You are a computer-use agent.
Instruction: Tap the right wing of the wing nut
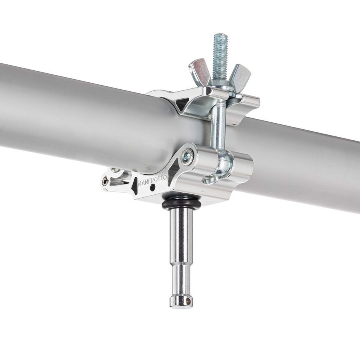pyautogui.click(x=240, y=74)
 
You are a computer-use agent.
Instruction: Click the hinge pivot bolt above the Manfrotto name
pyautogui.click(x=187, y=156)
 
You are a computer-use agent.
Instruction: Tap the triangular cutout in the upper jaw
pyautogui.click(x=182, y=105)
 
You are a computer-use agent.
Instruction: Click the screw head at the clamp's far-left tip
pyautogui.click(x=105, y=182)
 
